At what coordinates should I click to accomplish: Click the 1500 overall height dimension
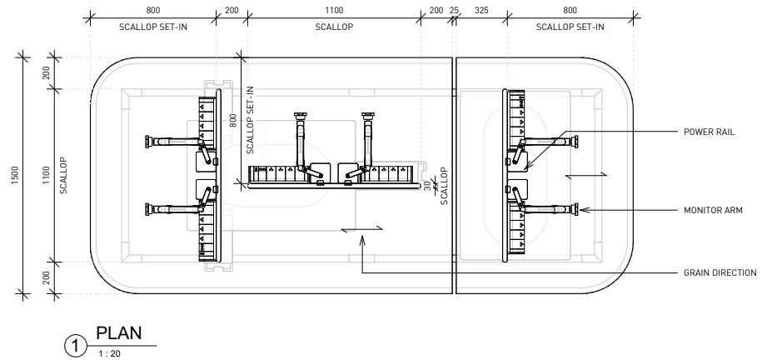(15, 175)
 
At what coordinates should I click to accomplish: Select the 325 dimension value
(481, 10)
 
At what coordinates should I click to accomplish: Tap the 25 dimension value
(454, 10)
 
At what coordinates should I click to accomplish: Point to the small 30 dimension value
(427, 185)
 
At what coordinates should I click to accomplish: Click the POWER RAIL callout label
(709, 132)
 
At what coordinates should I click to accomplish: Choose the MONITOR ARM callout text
(713, 211)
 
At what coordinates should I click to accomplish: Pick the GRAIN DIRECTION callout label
(720, 273)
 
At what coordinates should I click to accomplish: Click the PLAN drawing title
(119, 333)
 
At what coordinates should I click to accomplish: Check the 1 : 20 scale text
(109, 353)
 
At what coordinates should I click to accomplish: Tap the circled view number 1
(75, 346)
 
